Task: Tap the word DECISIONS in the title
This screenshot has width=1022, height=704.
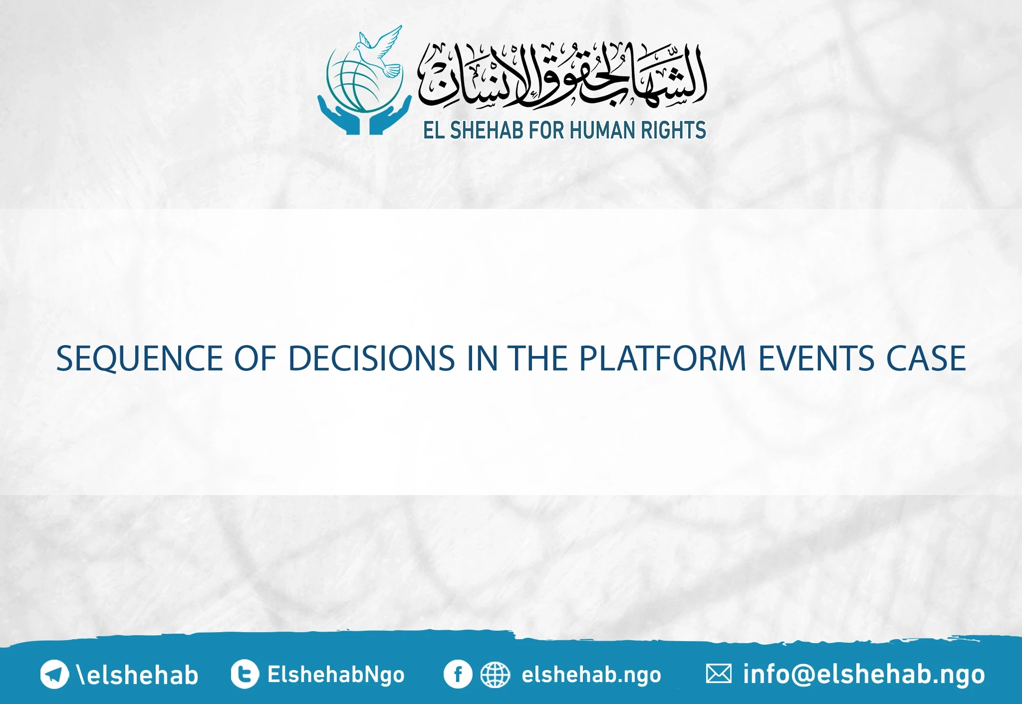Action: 371,358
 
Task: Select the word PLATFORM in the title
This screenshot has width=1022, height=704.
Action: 662,358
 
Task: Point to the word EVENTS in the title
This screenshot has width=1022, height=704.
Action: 816,358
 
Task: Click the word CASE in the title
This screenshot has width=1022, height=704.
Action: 926,358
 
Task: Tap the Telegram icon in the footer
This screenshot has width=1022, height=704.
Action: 54,674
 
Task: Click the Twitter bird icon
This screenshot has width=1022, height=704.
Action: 245,674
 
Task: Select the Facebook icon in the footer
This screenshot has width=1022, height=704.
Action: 457,674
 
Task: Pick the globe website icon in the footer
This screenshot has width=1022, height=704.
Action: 495,675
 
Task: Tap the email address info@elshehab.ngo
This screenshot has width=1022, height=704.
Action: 864,675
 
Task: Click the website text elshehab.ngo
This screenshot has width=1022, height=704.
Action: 591,675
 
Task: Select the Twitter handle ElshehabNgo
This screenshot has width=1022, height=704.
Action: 336,675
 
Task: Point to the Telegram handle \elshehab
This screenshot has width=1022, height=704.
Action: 137,675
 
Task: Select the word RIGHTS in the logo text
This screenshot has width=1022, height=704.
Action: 673,130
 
